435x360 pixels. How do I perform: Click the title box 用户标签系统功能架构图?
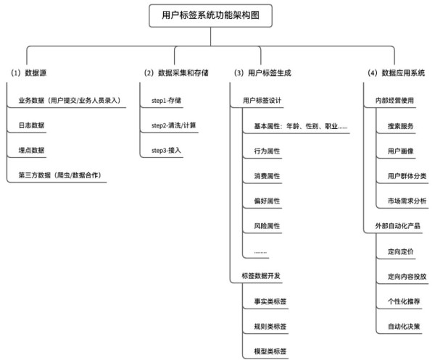coord(210,15)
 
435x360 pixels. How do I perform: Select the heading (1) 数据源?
coord(28,73)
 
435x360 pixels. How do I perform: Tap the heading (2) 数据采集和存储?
coord(176,73)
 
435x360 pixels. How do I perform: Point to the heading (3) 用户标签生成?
coord(262,73)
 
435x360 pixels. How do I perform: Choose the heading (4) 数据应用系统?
coord(396,73)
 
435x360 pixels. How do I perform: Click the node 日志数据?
coord(31,125)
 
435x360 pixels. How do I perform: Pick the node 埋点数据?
coord(31,150)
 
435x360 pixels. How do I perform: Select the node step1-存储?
coord(166,101)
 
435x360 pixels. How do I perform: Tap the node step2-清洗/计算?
coord(174,125)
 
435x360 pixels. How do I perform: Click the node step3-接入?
coord(166,150)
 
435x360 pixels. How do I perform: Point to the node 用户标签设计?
coord(262,101)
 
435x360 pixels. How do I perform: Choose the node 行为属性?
coord(267,151)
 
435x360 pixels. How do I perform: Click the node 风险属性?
coord(267,226)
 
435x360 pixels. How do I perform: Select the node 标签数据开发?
coord(261,276)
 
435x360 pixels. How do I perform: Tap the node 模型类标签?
coord(270,351)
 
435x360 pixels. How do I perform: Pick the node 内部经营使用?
coord(394,101)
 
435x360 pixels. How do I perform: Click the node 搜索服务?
coord(401,126)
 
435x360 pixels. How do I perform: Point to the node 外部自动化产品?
coord(397,226)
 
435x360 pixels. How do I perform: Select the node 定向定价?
coord(401,251)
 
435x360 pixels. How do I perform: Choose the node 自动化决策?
coord(404,327)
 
